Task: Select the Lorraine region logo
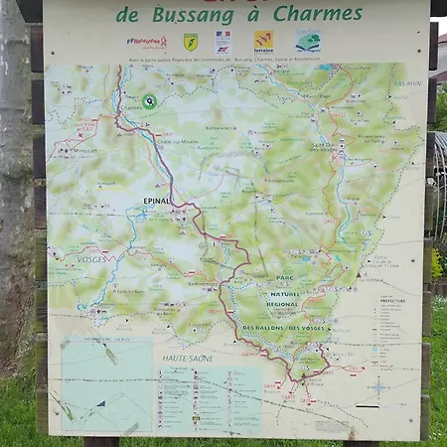point(264,41)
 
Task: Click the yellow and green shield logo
point(190,42)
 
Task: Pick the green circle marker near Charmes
point(149,100)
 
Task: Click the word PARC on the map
point(285,278)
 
